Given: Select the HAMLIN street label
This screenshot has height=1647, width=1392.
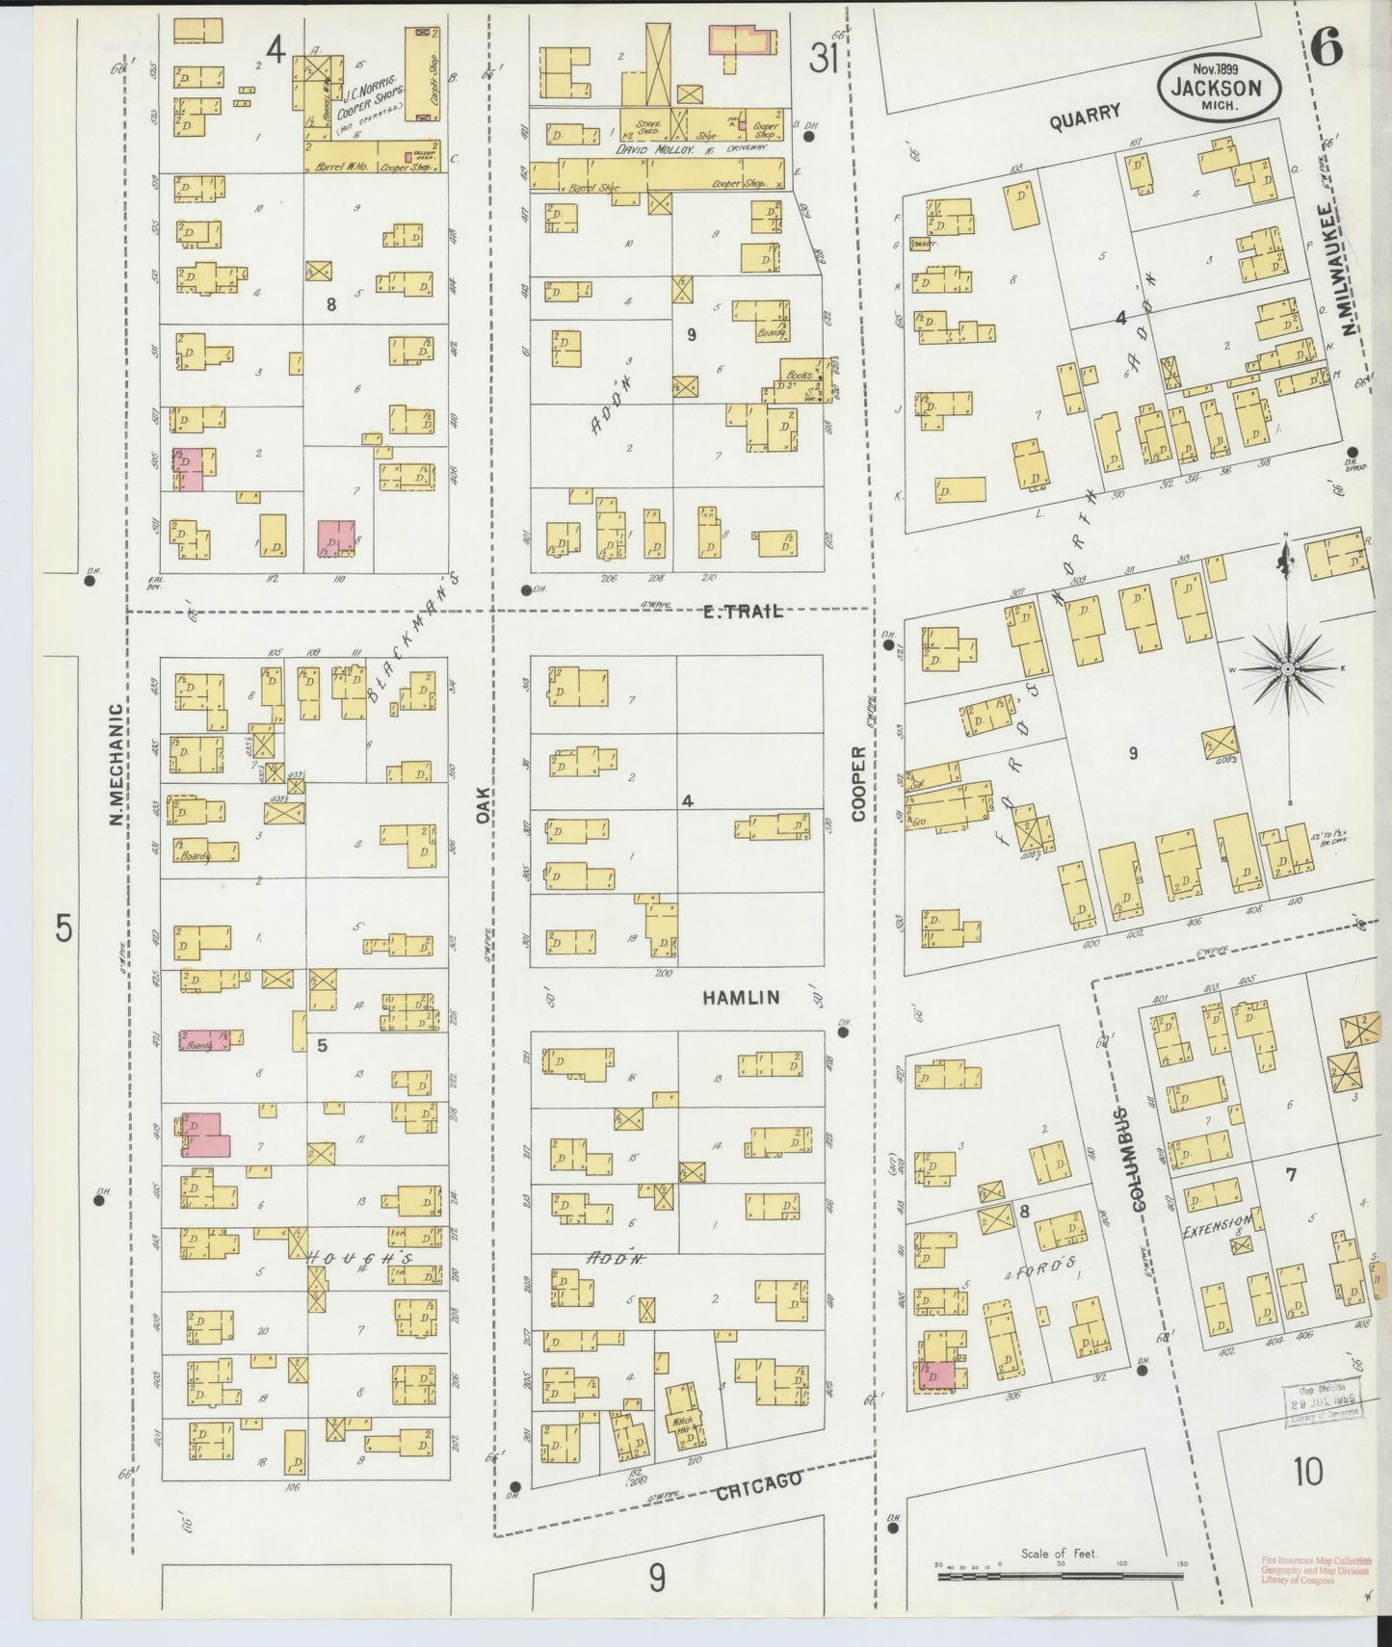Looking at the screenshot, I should (x=740, y=999).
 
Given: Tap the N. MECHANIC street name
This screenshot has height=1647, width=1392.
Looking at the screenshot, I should (x=115, y=764).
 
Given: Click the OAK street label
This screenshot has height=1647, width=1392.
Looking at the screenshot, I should (x=483, y=805).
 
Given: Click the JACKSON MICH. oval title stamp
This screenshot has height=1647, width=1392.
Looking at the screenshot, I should (x=1219, y=85).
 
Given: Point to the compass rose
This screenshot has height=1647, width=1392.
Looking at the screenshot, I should (x=1288, y=667).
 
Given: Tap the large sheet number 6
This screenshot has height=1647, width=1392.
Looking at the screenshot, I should (x=1326, y=46).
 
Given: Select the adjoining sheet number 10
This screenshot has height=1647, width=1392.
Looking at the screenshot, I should (x=1307, y=1472).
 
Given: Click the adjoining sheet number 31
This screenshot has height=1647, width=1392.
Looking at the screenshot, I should (x=822, y=60).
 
